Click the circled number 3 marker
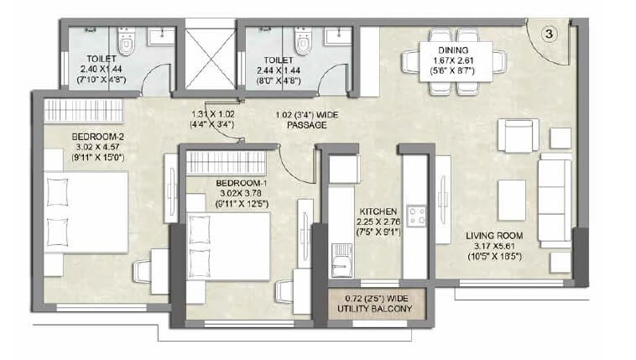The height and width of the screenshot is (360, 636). [x=547, y=34]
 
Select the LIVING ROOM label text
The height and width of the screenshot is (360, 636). [x=494, y=235]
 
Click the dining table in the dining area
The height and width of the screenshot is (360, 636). [x=454, y=61]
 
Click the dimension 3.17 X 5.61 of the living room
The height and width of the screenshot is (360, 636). [x=494, y=247]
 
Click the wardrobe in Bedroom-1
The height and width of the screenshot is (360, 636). [x=224, y=162]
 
